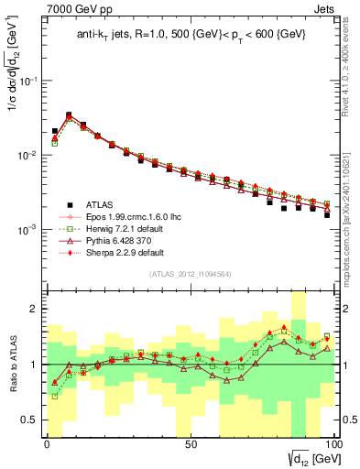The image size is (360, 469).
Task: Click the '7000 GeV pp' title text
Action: pos(76,8)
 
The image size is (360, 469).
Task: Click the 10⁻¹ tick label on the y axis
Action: pos(29,81)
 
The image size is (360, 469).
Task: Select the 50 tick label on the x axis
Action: pos(190,444)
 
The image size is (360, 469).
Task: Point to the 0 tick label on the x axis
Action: pos(47,444)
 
